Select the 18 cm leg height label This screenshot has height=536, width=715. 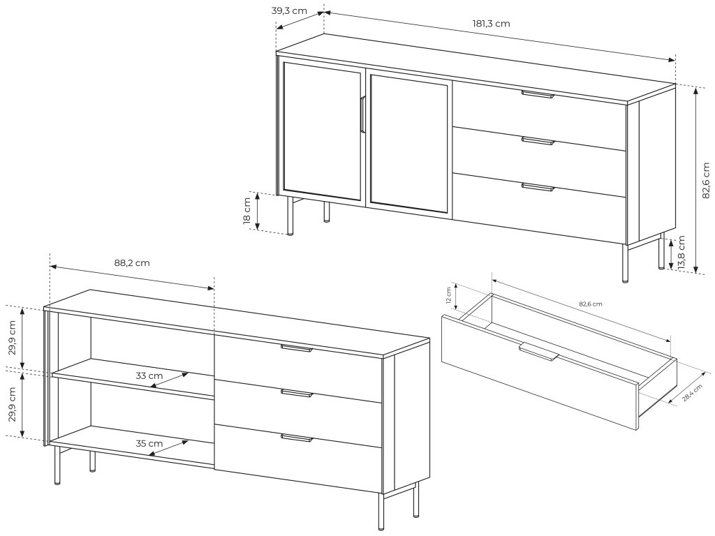click(x=247, y=211)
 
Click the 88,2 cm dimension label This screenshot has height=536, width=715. click(x=132, y=263)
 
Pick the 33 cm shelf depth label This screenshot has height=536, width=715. click(x=149, y=375)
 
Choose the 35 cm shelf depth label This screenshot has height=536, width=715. click(x=149, y=443)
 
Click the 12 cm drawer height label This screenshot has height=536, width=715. click(x=450, y=296)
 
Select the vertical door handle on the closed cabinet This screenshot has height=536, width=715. click(x=363, y=114)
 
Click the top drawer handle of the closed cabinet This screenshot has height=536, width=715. click(x=538, y=94)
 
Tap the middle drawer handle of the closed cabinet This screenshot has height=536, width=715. click(x=538, y=141)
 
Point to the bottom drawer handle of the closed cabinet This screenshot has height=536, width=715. click(x=538, y=187)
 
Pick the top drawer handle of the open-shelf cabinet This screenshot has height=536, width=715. click(x=297, y=348)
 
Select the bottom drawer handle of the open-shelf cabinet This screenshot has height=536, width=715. click(x=297, y=438)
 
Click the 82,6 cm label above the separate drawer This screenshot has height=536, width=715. click(x=590, y=304)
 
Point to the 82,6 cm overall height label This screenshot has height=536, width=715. click(x=707, y=179)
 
